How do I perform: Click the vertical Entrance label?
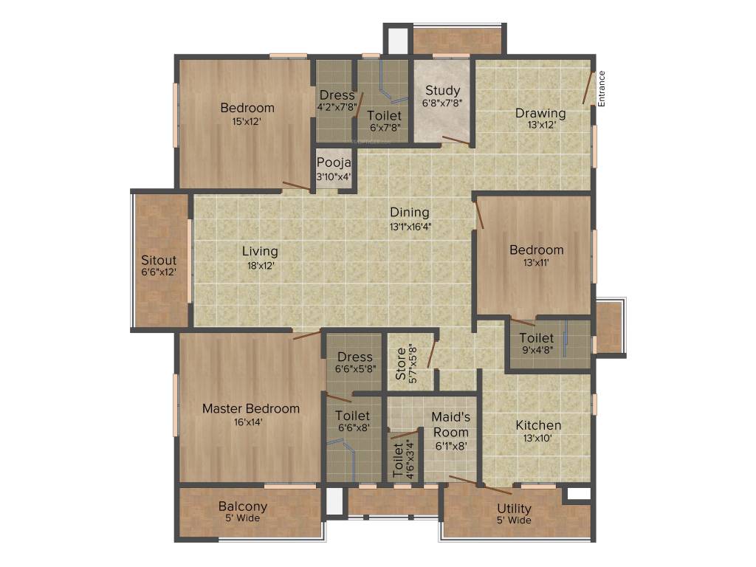602,89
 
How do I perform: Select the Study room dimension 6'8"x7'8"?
442,103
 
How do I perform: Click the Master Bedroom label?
251,408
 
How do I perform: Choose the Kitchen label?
538,425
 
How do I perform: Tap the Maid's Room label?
450,425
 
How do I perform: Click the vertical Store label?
400,364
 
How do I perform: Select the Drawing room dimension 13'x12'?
540,125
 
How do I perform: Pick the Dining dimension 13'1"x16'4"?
410,227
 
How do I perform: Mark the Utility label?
514,509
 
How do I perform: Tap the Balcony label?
243,506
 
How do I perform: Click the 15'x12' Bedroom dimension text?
247,121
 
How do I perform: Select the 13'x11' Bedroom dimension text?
536,262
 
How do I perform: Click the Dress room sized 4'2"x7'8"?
337,95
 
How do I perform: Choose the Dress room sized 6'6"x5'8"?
354,357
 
